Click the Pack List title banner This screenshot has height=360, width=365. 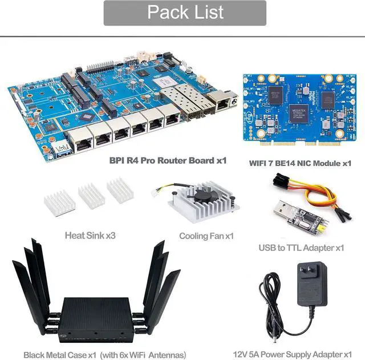(x=185, y=13)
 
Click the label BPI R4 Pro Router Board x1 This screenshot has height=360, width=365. (x=168, y=160)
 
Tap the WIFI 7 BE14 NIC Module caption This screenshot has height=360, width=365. (x=300, y=163)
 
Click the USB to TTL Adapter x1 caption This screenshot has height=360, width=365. (x=301, y=248)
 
